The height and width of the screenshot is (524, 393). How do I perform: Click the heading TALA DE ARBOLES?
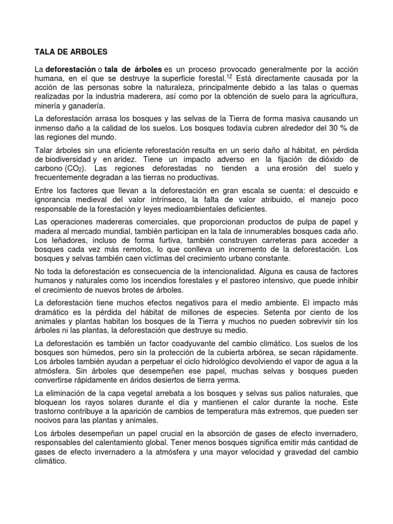(x=71, y=52)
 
